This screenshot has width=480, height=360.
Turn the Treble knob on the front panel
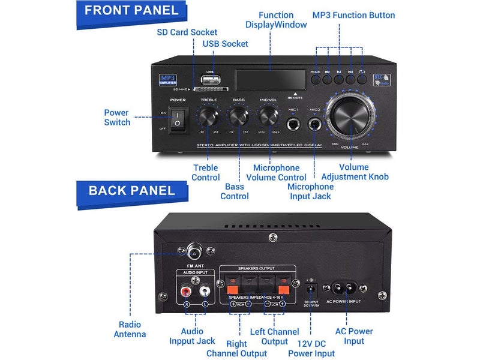(x=209, y=115)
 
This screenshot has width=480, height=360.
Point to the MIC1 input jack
(x=294, y=125)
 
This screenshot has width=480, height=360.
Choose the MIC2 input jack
(x=314, y=125)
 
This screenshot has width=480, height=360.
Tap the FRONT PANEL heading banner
(x=131, y=10)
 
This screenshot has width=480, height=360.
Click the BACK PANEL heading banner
(x=131, y=191)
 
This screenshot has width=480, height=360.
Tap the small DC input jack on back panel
(x=311, y=281)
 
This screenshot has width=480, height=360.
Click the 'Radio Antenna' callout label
(x=130, y=329)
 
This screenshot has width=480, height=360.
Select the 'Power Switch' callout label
(x=116, y=117)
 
